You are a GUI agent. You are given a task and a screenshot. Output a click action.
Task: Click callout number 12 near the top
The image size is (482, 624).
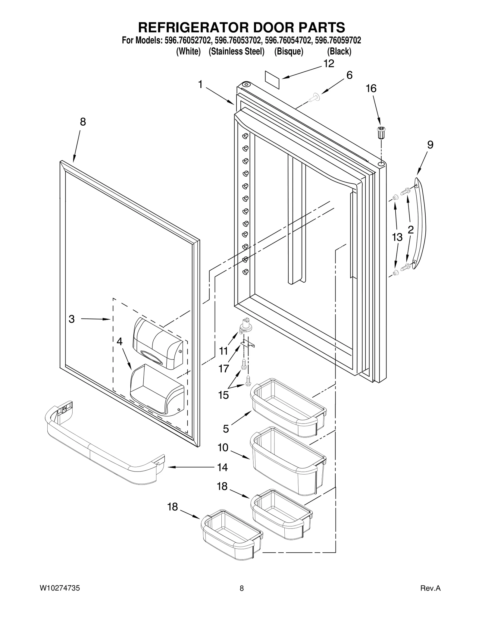point(329,64)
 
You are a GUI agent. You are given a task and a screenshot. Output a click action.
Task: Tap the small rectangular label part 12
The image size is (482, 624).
point(272,80)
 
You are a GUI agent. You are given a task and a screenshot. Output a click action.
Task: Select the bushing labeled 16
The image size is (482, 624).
point(381,132)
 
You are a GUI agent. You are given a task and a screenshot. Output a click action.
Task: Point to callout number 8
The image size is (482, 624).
point(83,122)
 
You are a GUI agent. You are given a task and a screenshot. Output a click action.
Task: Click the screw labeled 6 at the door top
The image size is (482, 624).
point(315,97)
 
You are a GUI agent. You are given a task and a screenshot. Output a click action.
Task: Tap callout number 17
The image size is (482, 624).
point(224,368)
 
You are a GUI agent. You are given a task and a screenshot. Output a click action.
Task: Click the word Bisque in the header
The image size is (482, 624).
point(288,52)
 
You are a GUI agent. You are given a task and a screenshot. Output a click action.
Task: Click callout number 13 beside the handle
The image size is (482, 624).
point(397,237)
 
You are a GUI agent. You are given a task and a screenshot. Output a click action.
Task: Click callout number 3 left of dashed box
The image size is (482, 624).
point(72,319)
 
